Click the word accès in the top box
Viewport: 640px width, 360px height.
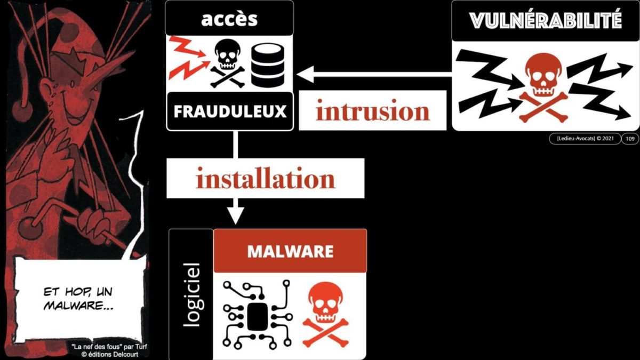tap(229, 19)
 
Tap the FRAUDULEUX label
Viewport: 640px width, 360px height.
tap(230, 112)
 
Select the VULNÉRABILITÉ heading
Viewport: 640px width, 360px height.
tap(545, 20)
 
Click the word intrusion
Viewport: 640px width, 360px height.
tap(372, 111)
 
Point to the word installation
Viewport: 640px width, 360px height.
tap(265, 179)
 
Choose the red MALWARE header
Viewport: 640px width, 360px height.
tap(290, 251)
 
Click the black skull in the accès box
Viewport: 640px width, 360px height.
tap(227, 63)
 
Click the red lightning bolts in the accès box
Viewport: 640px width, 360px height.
tap(188, 56)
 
